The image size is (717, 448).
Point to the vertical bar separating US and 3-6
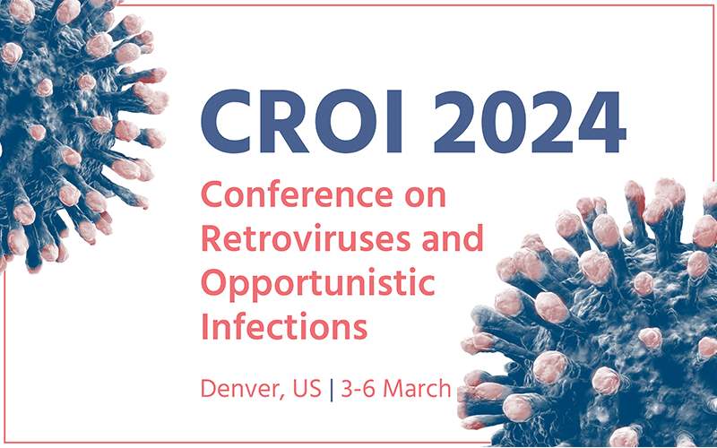tap(333, 391)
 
